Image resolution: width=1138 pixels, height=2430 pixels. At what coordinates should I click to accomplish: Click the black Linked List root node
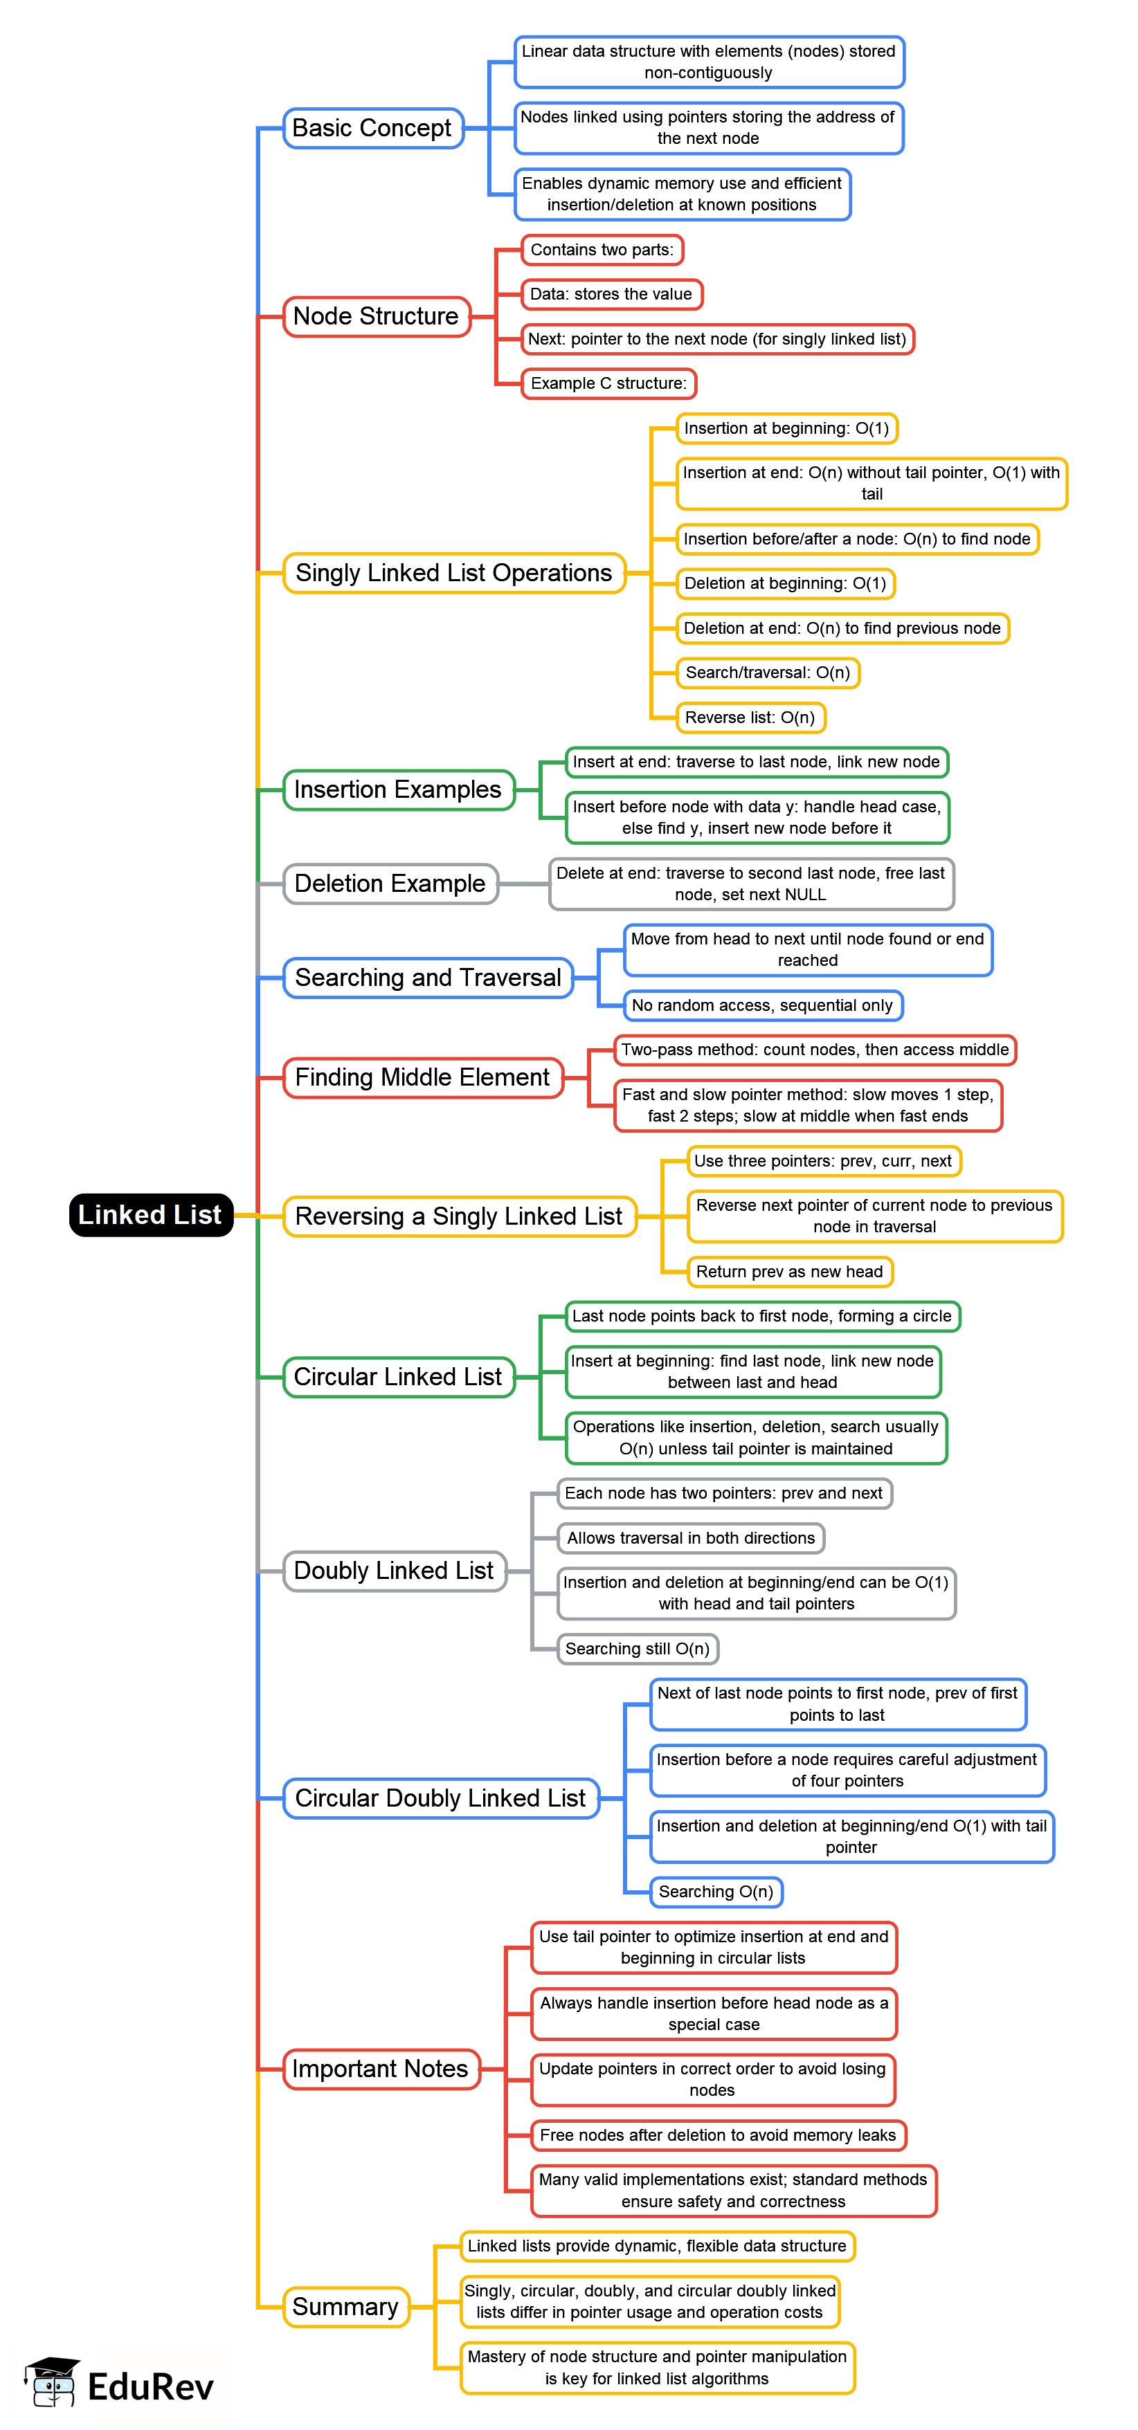coord(151,1214)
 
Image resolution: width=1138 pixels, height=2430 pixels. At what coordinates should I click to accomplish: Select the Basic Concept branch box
coord(372,128)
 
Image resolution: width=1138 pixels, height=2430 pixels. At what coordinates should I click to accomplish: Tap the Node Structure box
coord(377,316)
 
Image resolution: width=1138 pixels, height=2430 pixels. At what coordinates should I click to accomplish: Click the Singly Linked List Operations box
coord(454,573)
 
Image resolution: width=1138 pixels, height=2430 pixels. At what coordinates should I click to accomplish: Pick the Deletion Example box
coord(390,884)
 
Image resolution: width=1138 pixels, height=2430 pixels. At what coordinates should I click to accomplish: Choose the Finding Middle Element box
coord(422,1077)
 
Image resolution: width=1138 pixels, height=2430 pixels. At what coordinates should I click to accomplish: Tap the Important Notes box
coord(380,2069)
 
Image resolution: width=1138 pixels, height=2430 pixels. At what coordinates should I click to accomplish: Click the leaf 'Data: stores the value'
coord(611,294)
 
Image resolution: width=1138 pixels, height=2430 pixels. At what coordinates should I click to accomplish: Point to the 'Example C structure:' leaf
coord(608,384)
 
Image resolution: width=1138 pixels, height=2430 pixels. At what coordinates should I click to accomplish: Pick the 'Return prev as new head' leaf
coord(789,1272)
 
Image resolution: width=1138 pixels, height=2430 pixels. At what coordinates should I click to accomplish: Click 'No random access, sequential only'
coord(762,1005)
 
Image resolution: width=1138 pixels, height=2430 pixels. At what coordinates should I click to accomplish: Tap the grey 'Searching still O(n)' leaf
coord(637,1649)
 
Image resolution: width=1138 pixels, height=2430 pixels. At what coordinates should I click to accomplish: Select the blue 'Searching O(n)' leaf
coord(716,1892)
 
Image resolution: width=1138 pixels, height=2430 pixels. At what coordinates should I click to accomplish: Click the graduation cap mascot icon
coord(53,2382)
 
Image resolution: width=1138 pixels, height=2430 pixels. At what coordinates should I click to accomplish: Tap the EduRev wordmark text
coord(151,2386)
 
